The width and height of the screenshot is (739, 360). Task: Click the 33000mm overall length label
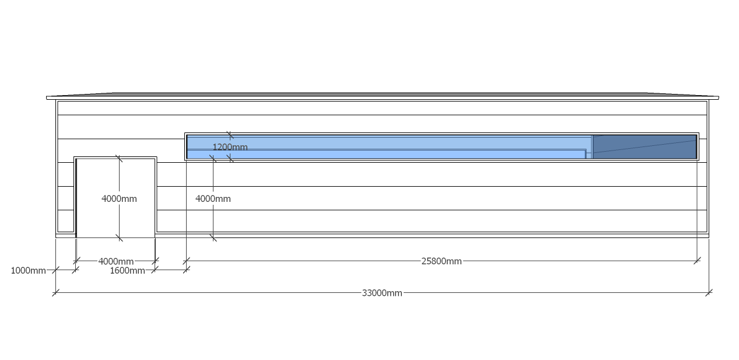pyautogui.click(x=382, y=293)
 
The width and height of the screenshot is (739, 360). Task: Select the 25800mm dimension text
pyautogui.click(x=441, y=261)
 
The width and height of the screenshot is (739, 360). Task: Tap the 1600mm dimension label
pyautogui.click(x=127, y=270)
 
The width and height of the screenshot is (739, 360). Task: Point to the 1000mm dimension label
pyautogui.click(x=28, y=270)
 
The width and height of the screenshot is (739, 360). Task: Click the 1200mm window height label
pyautogui.click(x=230, y=147)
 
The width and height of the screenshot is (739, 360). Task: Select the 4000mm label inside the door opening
pyautogui.click(x=119, y=198)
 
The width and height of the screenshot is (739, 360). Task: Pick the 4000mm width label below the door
pyautogui.click(x=115, y=261)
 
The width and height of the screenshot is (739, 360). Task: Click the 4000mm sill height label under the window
pyautogui.click(x=213, y=198)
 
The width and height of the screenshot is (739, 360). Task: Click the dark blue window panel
pyautogui.click(x=645, y=146)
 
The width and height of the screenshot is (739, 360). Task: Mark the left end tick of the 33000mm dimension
pyautogui.click(x=55, y=293)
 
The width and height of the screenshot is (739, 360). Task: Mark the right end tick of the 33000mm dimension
pyautogui.click(x=709, y=293)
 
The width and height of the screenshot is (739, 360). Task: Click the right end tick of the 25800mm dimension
pyautogui.click(x=697, y=261)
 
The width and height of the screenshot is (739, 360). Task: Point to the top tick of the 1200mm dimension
pyautogui.click(x=230, y=135)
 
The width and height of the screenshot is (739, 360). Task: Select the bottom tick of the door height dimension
pyautogui.click(x=119, y=237)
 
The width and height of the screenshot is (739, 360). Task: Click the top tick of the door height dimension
pyautogui.click(x=119, y=158)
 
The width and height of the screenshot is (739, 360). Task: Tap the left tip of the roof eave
pyautogui.click(x=48, y=97)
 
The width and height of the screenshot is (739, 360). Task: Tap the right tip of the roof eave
pyautogui.click(x=717, y=97)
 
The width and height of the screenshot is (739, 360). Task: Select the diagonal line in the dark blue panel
pyautogui.click(x=645, y=146)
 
